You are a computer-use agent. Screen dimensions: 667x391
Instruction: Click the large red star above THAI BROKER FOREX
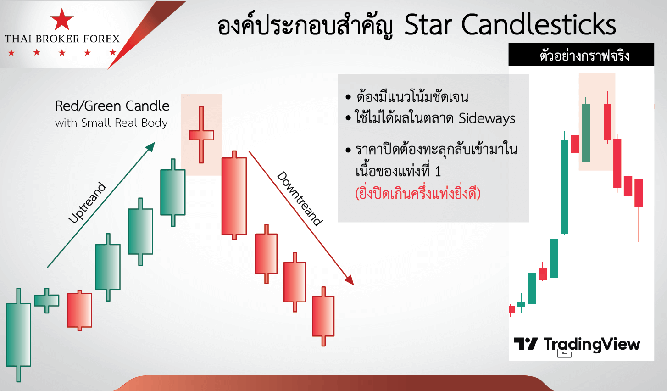(x=62, y=19)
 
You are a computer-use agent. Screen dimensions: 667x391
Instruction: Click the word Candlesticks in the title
(x=539, y=25)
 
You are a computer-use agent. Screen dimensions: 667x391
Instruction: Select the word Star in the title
(x=428, y=25)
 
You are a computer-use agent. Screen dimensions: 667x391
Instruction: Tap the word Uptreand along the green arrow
(x=87, y=202)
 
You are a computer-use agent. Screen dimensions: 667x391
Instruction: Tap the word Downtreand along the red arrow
(x=300, y=199)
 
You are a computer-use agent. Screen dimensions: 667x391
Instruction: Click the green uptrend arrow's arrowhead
(x=150, y=146)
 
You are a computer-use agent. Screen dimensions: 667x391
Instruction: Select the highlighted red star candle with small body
(x=201, y=135)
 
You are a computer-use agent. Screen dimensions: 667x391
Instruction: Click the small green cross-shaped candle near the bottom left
(x=47, y=301)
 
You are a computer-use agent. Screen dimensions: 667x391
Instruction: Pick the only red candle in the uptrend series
(x=79, y=310)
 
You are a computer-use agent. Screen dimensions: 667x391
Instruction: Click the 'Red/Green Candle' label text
(x=112, y=106)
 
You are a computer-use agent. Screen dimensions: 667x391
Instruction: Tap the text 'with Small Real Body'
(x=111, y=123)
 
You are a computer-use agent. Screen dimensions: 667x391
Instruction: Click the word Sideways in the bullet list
(x=487, y=118)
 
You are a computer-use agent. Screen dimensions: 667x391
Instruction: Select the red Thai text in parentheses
(x=418, y=194)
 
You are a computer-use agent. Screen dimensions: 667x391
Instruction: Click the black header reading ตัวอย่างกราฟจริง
(x=581, y=55)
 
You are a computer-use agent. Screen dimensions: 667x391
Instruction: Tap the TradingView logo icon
(x=526, y=344)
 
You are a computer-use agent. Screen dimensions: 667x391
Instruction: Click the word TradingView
(x=592, y=344)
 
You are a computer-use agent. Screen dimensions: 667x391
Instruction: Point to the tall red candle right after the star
(x=234, y=195)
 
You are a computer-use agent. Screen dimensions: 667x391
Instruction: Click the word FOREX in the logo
(x=101, y=39)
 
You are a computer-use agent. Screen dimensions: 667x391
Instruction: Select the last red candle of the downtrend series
(x=323, y=316)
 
